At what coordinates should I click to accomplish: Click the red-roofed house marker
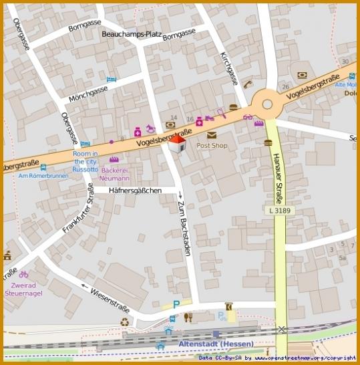pos(177,144)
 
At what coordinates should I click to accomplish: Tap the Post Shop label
pos(212,145)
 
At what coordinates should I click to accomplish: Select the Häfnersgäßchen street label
pos(136,191)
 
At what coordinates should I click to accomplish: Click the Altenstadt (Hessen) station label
pos(207,344)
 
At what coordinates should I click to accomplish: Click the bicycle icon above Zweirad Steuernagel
pos(23,274)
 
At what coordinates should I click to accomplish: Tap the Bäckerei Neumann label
pos(114,174)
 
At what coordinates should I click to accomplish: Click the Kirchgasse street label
pos(228,69)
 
